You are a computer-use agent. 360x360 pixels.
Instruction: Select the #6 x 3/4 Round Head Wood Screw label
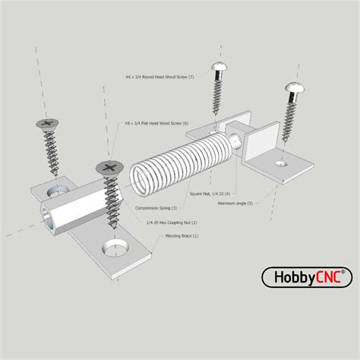(x=159, y=77)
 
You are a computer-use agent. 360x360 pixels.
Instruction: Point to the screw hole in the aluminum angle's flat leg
(x=282, y=163)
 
